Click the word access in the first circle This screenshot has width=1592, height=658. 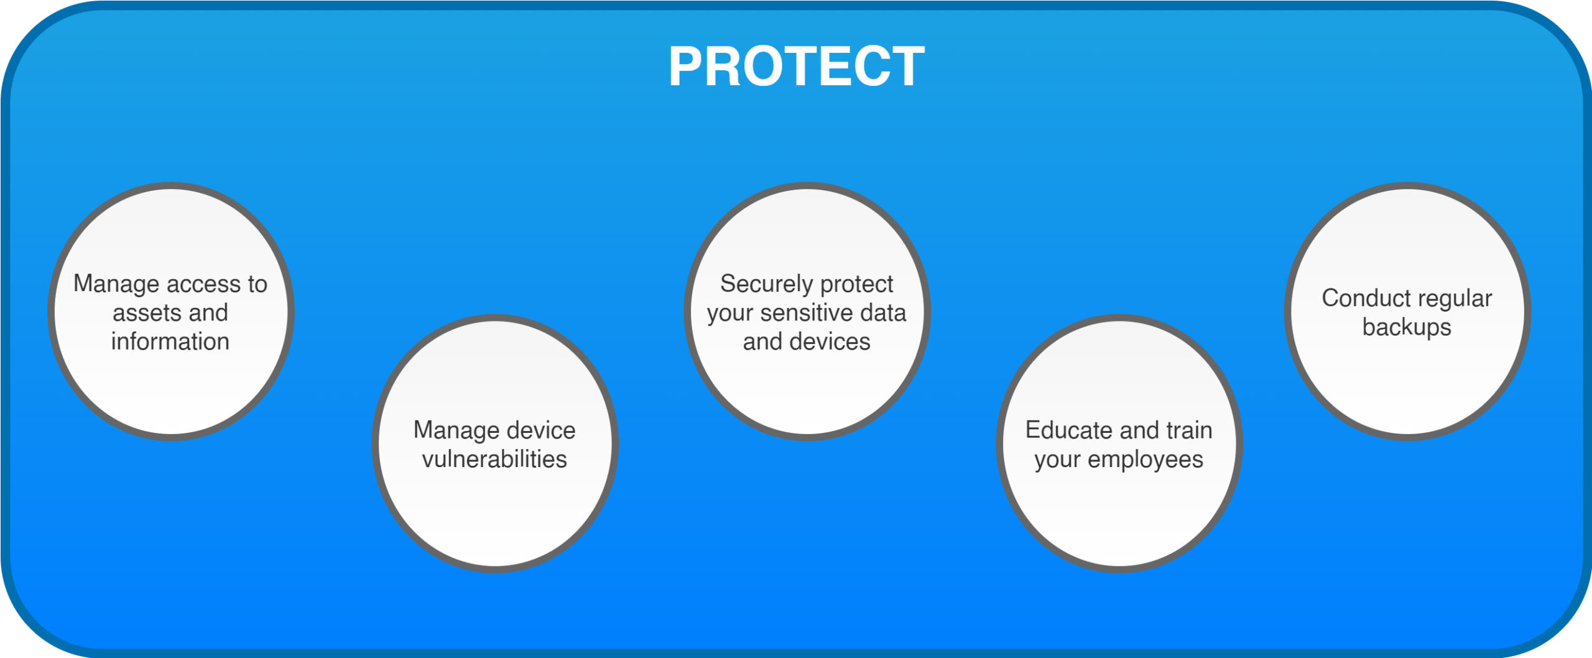[201, 284]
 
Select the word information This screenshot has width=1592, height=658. [170, 341]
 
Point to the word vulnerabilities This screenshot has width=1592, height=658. [494, 459]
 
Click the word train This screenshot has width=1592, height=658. [1189, 430]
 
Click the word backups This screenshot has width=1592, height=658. [1407, 328]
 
